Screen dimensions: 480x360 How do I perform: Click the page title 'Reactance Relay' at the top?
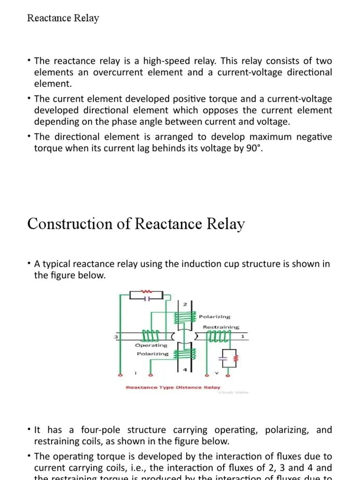[63, 18]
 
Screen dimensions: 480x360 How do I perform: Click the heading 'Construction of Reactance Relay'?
[136, 224]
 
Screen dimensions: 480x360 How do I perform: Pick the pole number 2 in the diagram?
[185, 304]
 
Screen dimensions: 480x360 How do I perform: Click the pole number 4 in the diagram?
[185, 370]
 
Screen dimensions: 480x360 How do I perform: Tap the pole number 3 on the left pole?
[115, 337]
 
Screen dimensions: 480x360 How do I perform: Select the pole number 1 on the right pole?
[242, 336]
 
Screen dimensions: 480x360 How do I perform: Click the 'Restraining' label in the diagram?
[221, 327]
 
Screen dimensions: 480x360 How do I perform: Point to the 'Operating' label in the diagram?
[151, 345]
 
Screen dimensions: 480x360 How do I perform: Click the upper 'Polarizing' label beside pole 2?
[215, 317]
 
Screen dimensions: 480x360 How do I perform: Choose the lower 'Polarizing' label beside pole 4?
[152, 354]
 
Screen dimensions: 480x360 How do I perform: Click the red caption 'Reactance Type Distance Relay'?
[172, 388]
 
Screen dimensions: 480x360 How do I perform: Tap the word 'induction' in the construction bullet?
[206, 264]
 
